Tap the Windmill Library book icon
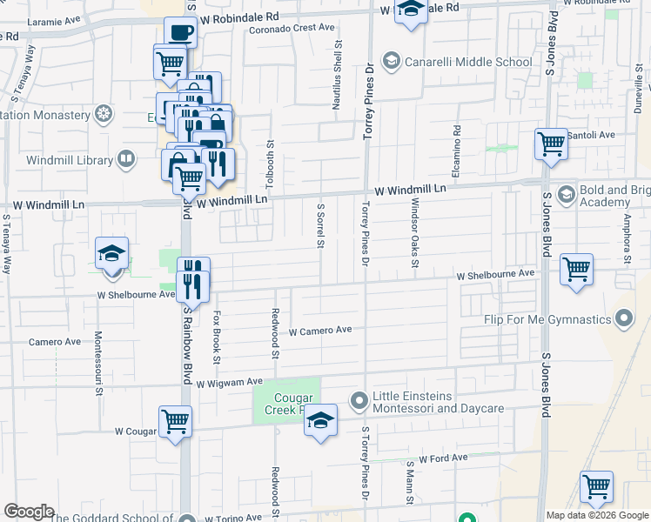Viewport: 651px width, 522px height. click(126, 160)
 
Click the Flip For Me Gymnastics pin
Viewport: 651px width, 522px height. click(624, 320)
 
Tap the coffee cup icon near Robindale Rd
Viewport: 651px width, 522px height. click(180, 33)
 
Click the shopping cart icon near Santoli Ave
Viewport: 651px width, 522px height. click(552, 144)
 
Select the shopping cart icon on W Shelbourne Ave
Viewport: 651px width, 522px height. click(577, 269)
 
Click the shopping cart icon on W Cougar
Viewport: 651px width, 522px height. click(175, 422)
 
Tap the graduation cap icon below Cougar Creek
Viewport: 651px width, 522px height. click(320, 421)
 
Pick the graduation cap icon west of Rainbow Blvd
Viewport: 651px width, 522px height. click(112, 253)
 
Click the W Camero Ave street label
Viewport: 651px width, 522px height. click(319, 331)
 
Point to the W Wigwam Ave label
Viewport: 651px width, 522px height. click(229, 382)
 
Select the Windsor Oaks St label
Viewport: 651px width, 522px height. click(415, 234)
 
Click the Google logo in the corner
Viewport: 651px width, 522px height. click(28, 512)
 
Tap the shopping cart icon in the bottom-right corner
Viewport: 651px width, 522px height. click(596, 487)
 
